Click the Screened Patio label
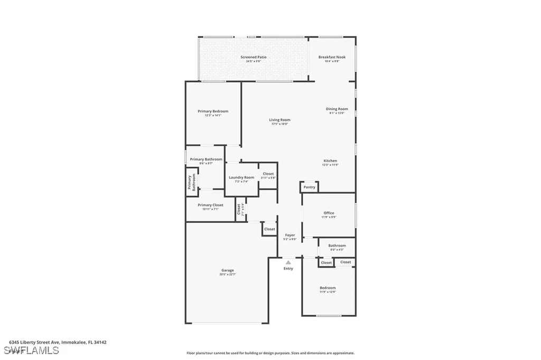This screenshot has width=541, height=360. (254, 57)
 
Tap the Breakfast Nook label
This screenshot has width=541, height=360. (332, 57)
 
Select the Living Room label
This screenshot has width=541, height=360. (279, 120)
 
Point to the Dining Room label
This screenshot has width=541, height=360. (337, 109)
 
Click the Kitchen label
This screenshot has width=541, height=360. (330, 161)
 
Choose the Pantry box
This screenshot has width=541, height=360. (309, 187)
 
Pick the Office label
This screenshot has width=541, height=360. (329, 213)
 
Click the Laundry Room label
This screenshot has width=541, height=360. (241, 177)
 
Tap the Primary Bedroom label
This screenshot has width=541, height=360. (213, 111)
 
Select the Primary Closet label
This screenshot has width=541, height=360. (210, 205)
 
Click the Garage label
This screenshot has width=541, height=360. (227, 270)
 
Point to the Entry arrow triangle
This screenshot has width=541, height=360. (288, 262)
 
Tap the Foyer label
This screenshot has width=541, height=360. (290, 235)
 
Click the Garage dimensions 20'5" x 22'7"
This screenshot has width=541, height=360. (227, 274)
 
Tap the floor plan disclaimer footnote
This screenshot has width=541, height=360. (270, 353)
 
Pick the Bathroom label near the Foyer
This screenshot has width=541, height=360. (337, 245)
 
